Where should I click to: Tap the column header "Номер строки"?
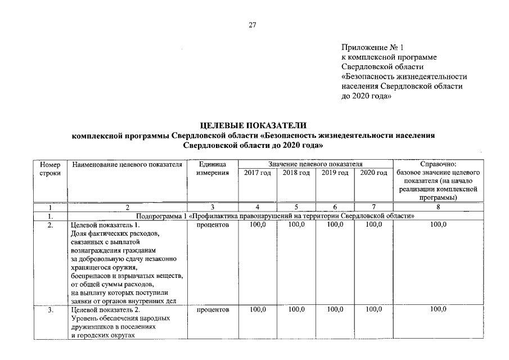tap(50, 168)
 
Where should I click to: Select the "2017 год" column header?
tap(258, 173)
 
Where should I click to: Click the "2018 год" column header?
tap(296, 173)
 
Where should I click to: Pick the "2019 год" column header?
tap(335, 173)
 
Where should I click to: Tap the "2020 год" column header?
tap(373, 173)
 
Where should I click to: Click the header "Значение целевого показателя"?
tap(315, 164)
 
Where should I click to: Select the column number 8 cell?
tap(438, 207)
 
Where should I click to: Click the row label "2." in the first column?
tap(50, 225)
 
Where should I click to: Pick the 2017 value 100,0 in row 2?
tap(258, 225)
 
